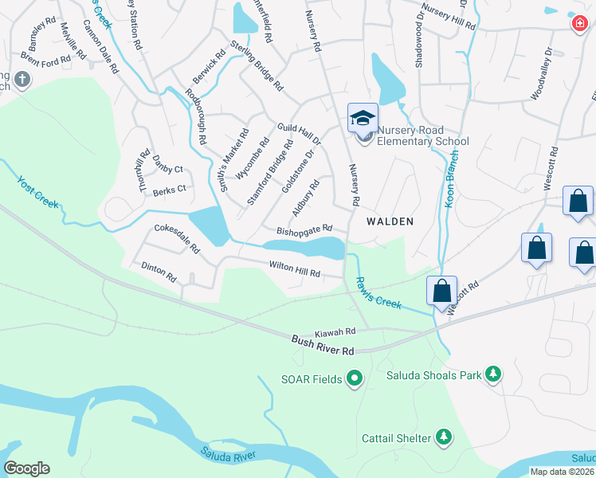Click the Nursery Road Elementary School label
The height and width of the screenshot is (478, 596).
(x=422, y=135)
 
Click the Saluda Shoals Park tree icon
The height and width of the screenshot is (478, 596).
(x=493, y=374)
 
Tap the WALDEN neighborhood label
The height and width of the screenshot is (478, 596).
(x=390, y=221)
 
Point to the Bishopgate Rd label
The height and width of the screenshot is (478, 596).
(x=304, y=230)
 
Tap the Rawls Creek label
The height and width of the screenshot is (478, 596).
(x=378, y=292)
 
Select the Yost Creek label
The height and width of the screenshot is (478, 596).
(x=37, y=192)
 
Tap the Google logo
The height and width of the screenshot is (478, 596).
(x=26, y=468)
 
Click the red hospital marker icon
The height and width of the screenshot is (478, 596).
(x=579, y=24)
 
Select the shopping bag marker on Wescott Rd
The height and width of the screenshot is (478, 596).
(x=441, y=292)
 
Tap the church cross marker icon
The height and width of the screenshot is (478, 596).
(x=22, y=80)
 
